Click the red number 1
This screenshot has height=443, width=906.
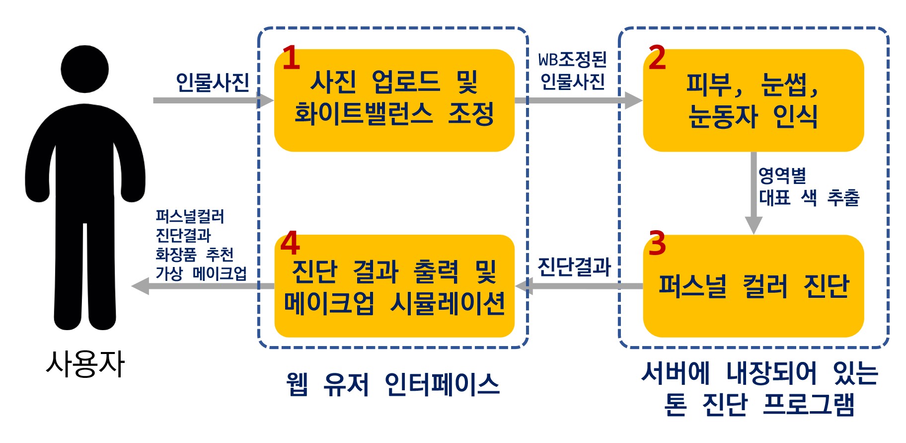pyautogui.click(x=291, y=58)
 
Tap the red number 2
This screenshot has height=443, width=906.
pyautogui.click(x=657, y=58)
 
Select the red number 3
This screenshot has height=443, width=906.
pyautogui.click(x=657, y=243)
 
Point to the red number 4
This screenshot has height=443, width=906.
pyautogui.click(x=290, y=243)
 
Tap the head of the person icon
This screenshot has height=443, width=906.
pyautogui.click(x=84, y=69)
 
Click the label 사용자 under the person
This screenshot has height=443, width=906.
pyautogui.click(x=85, y=364)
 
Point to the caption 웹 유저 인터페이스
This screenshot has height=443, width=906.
pyautogui.click(x=392, y=384)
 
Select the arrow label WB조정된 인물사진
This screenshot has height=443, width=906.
pyautogui.click(x=573, y=71)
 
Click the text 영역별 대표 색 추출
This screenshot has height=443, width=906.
pyautogui.click(x=808, y=187)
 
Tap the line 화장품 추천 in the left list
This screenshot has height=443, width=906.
pyautogui.click(x=194, y=254)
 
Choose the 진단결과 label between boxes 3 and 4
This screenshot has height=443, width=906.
pyautogui.click(x=574, y=266)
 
